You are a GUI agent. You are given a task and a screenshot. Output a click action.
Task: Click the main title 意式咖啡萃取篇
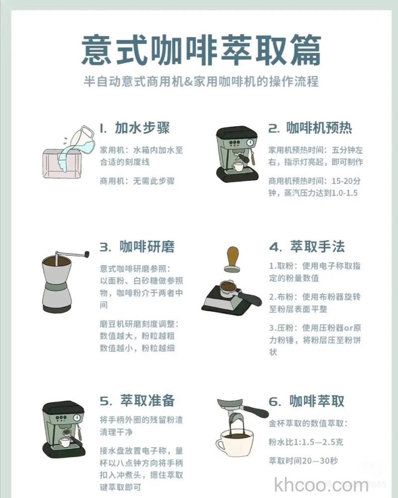click(201, 50)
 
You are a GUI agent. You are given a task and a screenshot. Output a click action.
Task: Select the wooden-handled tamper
click(232, 259)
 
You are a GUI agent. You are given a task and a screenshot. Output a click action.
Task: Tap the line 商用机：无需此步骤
click(137, 181)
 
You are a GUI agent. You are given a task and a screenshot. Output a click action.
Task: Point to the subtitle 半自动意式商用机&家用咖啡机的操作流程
click(201, 81)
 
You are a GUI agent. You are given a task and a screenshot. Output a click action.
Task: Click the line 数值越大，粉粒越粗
click(137, 336)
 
